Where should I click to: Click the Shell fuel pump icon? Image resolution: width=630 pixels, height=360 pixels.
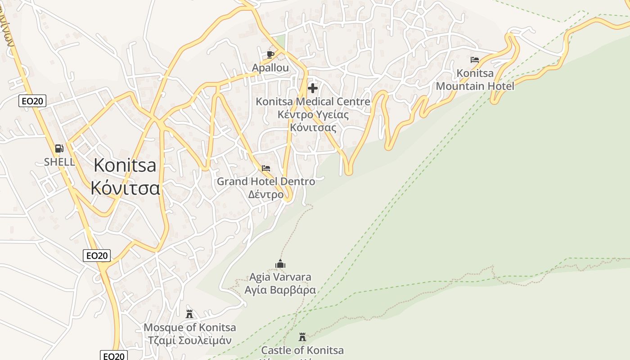coord(59,148)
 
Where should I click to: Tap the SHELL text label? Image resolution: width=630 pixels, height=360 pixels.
coord(59,162)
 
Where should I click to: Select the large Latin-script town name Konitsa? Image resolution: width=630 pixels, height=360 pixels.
coord(125,165)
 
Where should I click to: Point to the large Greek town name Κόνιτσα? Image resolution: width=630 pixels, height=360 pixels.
coord(125,188)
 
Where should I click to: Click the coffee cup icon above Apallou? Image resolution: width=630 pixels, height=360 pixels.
coord(270,54)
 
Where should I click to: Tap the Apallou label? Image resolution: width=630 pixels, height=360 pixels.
coord(270,68)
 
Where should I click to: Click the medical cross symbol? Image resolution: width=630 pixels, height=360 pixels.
coord(313,88)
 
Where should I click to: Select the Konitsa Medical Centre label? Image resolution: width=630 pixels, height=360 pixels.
coord(313,102)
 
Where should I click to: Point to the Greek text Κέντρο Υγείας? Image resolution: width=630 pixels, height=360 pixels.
coord(313,114)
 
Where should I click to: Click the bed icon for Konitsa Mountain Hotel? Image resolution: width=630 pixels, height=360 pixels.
coord(475,59)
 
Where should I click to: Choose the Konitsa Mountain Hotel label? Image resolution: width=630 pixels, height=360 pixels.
coord(475,80)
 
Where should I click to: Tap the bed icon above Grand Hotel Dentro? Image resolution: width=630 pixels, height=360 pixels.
coord(266,168)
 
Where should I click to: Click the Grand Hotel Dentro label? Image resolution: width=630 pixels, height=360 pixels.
coord(266,181)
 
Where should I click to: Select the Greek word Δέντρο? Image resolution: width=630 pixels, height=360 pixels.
coord(266,194)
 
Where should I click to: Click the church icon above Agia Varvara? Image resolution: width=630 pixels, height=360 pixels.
coord(280,264)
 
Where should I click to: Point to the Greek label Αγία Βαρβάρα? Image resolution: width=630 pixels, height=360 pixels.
coord(280,290)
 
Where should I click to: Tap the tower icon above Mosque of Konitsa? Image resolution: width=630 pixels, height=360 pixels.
coord(189,314)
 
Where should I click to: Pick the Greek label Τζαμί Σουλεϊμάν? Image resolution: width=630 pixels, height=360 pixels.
coord(190,340)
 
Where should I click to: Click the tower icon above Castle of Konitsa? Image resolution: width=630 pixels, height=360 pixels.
coord(302,337)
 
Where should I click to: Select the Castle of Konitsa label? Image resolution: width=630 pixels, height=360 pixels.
coord(302,350)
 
